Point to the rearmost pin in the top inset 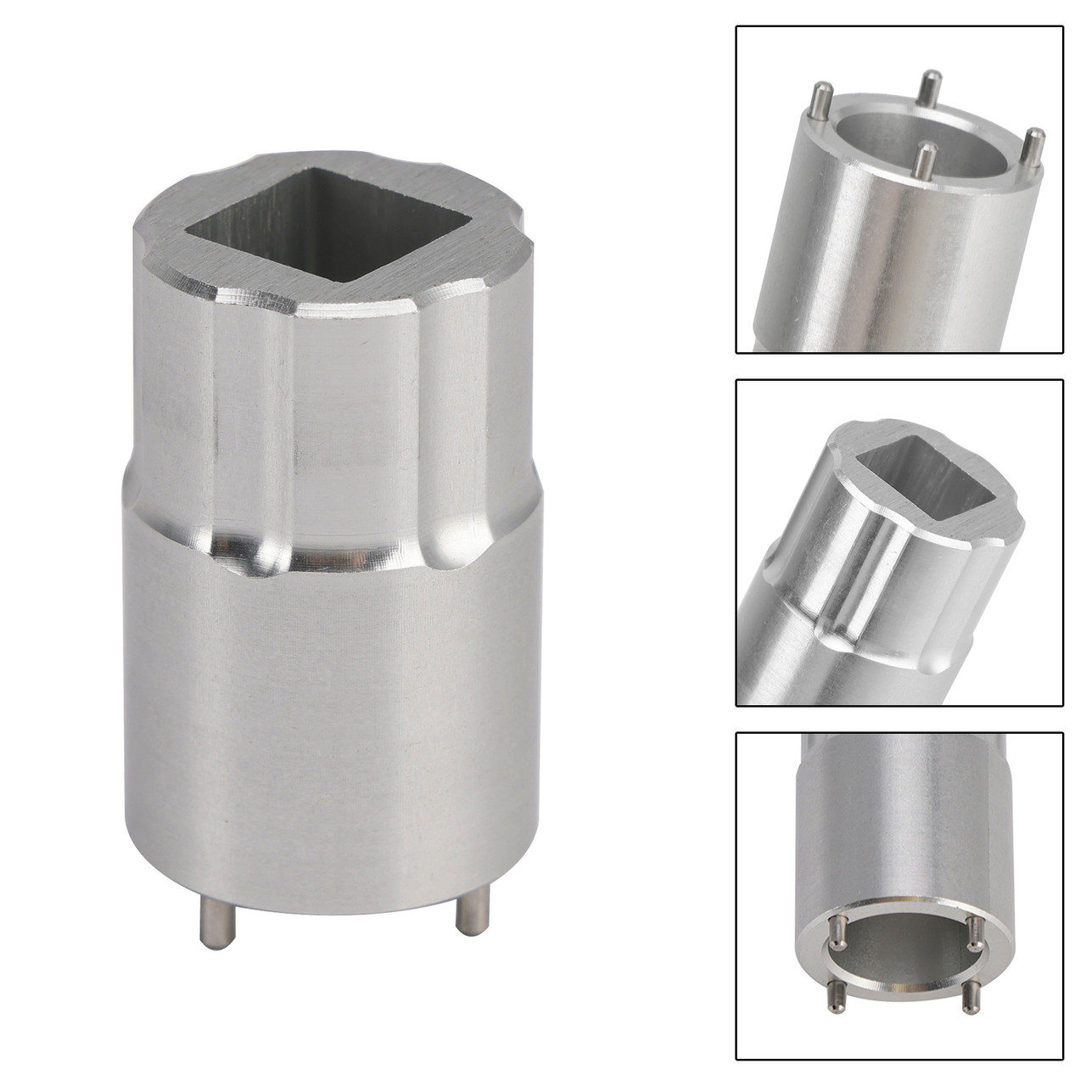click(x=930, y=86)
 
